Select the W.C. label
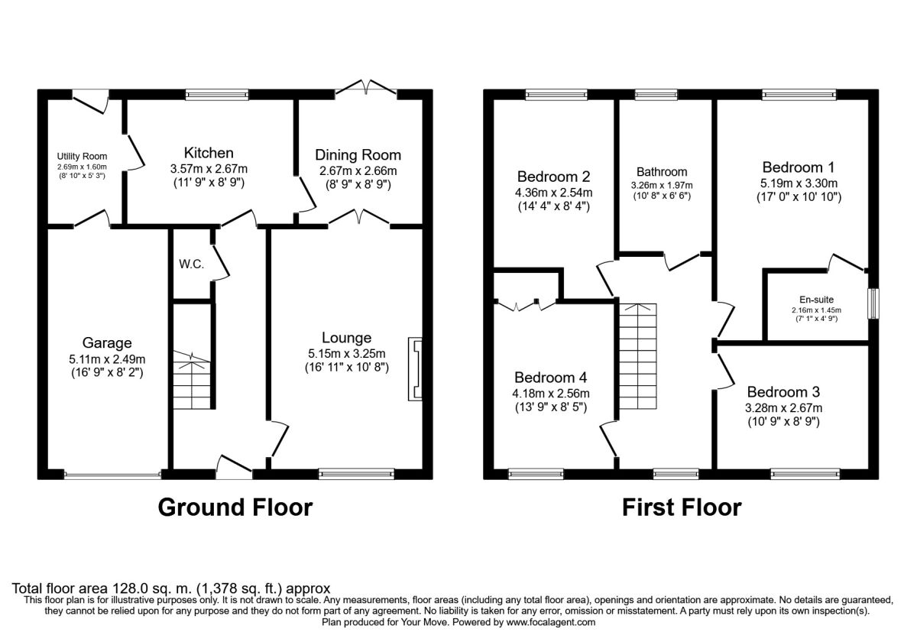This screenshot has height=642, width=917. (x=191, y=264)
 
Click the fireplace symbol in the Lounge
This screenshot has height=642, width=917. (x=416, y=370)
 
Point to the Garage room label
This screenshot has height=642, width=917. (x=108, y=342)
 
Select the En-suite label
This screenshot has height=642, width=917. (x=817, y=300)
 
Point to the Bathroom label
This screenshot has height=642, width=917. (x=661, y=172)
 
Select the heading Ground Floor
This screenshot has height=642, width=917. (x=235, y=507)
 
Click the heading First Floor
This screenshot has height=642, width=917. (x=681, y=507)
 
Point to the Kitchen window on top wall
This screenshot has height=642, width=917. (x=218, y=95)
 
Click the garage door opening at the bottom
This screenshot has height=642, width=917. (x=112, y=475)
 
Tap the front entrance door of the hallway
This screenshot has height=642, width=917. (x=235, y=468)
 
